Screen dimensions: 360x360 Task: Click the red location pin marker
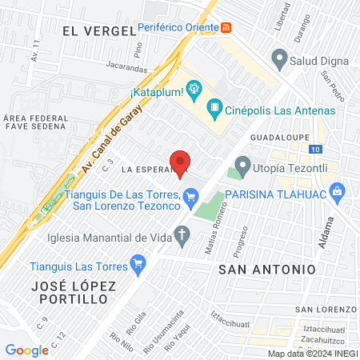pyautogui.click(x=181, y=162)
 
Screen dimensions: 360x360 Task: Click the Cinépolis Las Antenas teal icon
pyautogui.click(x=214, y=107)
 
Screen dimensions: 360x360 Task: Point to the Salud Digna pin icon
pyautogui.click(x=279, y=58)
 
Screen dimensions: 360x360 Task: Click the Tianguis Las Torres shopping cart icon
pyautogui.click(x=138, y=262)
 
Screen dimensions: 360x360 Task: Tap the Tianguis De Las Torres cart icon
pyautogui.click(x=190, y=195)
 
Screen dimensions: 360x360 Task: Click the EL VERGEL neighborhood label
pyautogui.click(x=98, y=30)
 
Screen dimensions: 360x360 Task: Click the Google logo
pyautogui.click(x=26, y=350)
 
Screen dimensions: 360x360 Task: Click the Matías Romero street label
pyautogui.click(x=212, y=234)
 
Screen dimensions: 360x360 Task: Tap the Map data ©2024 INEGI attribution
pyautogui.click(x=312, y=354)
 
